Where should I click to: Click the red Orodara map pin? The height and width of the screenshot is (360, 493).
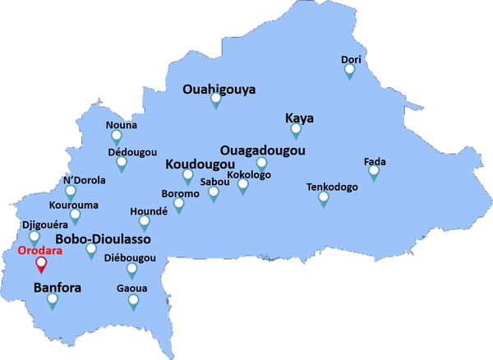coord(41,265)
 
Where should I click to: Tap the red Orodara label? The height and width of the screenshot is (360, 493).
coord(40,252)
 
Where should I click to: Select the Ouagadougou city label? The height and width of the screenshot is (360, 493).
coord(263,150)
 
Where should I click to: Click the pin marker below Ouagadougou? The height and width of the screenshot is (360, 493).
coord(261,164)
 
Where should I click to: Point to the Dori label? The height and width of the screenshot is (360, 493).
coord(351,59)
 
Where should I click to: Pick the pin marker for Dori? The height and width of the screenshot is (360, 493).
coord(349,71)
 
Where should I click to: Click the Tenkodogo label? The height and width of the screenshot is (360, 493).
coord(332,187)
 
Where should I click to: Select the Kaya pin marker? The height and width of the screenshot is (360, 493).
coord(296,129)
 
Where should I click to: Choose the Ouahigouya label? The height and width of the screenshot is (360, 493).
coord(219,90)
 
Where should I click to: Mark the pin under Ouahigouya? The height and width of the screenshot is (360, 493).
coord(216,100)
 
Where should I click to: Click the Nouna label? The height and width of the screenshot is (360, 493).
coord(122,126)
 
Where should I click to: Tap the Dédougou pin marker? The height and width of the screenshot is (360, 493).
coord(122,164)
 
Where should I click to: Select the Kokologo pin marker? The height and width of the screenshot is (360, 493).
coord(243,186)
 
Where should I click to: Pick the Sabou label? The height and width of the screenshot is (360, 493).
coord(214,182)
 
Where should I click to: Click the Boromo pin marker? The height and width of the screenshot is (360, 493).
coord(179,205)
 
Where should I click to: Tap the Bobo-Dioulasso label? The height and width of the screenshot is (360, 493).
coord(103,238)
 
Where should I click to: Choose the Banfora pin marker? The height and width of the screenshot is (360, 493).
coord(53,300)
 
